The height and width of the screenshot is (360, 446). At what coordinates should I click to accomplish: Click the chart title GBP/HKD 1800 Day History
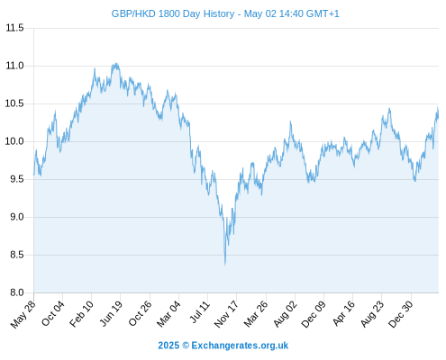click(x=173, y=13)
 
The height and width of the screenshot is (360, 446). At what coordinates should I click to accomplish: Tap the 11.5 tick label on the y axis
click(x=14, y=28)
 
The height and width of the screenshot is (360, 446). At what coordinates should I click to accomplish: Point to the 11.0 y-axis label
click(x=14, y=66)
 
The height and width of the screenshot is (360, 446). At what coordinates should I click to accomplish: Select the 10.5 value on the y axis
click(x=14, y=103)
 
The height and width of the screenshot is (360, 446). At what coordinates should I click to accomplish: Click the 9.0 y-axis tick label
click(x=17, y=217)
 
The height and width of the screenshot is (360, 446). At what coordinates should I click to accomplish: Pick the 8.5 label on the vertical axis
click(x=17, y=255)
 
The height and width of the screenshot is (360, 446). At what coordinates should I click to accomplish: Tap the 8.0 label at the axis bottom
click(x=17, y=292)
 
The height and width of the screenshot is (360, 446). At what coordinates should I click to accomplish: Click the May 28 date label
click(x=23, y=314)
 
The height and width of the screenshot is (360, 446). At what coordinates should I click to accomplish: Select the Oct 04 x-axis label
click(x=53, y=313)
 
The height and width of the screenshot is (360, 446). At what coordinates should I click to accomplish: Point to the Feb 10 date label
click(x=81, y=314)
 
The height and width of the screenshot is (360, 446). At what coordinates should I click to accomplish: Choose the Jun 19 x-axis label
click(x=111, y=313)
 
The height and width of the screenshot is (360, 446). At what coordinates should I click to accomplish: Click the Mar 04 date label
click(x=168, y=314)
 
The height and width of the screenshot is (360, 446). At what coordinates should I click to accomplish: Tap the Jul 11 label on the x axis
click(x=200, y=312)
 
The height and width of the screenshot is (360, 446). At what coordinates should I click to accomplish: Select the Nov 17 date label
click(x=226, y=314)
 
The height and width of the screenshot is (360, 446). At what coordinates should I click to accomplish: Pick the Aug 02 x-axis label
click(x=286, y=314)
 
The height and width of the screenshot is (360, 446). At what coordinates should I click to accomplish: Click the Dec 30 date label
click(x=401, y=314)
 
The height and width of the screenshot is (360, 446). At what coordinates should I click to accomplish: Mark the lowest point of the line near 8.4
click(x=225, y=265)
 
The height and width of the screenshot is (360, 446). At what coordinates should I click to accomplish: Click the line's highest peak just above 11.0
click(x=116, y=63)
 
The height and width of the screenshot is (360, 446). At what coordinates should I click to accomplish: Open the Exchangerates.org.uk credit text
click(x=240, y=346)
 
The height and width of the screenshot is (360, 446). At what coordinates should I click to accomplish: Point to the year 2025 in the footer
click(x=168, y=346)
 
